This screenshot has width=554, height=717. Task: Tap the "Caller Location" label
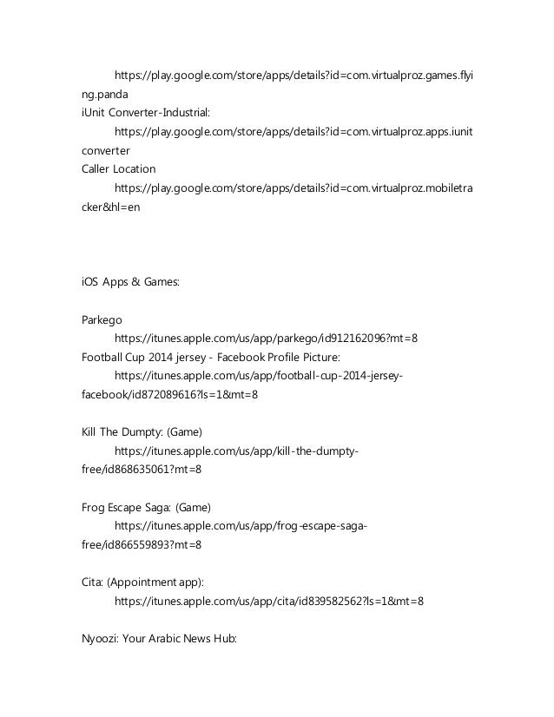coord(112,168)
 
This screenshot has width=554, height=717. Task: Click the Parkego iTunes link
coord(272,338)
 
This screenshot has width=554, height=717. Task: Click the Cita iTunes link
coord(269,600)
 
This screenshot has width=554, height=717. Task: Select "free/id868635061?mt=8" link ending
coord(141,469)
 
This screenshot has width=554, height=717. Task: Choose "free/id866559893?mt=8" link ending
coord(141,543)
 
